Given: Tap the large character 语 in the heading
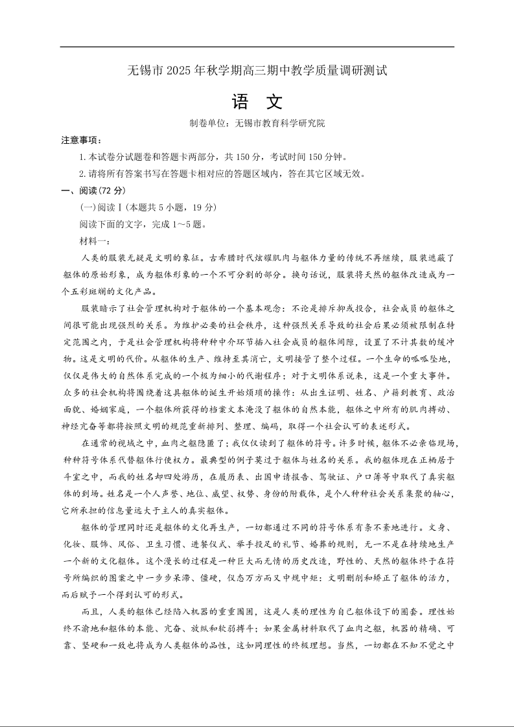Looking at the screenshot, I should (239, 102).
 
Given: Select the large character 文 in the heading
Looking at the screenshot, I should (275, 102).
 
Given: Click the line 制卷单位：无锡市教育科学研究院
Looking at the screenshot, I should (257, 123).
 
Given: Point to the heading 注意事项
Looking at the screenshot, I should (81, 140).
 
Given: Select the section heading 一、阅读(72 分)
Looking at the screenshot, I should (93, 190).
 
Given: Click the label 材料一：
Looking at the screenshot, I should (95, 241).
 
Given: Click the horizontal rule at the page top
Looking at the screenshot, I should (257, 47).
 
